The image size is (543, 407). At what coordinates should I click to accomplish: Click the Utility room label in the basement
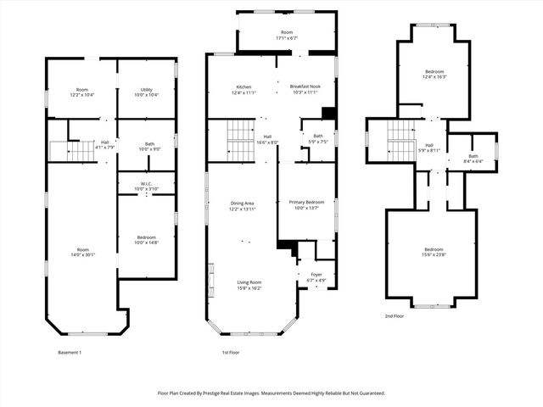[146, 92]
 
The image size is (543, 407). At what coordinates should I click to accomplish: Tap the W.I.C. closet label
[146, 186]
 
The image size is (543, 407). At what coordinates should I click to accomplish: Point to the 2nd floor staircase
[400, 141]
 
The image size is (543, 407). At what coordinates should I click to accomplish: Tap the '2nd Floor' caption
[394, 315]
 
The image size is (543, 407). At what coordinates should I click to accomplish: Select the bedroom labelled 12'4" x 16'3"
[434, 75]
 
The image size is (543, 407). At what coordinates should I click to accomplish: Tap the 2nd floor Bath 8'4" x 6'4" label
[473, 158]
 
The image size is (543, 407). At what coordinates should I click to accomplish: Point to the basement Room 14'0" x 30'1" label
[82, 252]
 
